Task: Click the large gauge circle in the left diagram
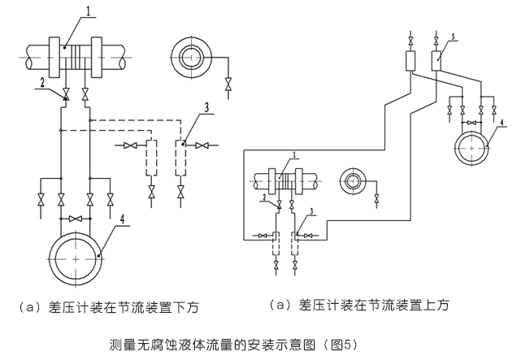coord(75,258)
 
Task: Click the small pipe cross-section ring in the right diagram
coord(355,181)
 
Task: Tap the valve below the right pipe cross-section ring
coord(377,198)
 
